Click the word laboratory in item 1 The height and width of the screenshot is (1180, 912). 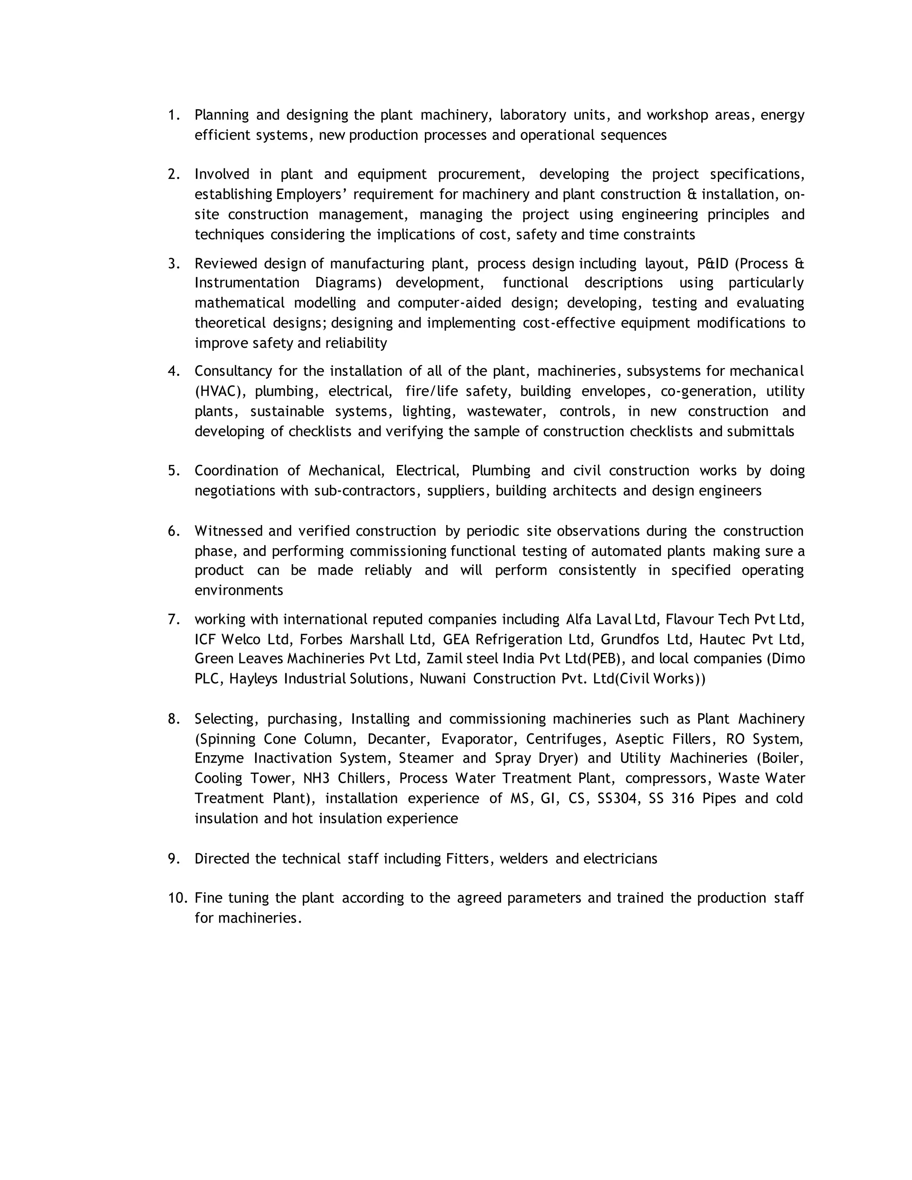[x=533, y=115]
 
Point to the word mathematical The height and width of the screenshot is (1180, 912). [x=239, y=303]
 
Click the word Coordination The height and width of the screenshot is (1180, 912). [x=236, y=471]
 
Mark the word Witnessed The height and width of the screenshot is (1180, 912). [x=228, y=531]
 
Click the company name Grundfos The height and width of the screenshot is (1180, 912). [x=629, y=640]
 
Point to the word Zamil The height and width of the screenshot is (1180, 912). [x=444, y=659]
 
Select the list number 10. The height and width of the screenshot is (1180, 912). [x=178, y=898]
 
